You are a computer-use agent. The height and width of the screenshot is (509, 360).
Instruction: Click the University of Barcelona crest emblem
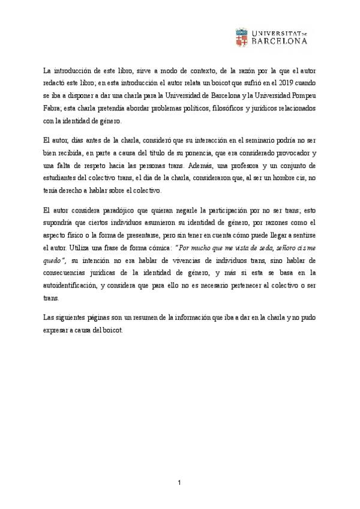click(242, 37)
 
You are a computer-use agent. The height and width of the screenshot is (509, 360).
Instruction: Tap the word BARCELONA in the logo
click(281, 42)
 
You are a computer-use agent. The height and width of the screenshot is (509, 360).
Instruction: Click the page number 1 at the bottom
click(179, 484)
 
